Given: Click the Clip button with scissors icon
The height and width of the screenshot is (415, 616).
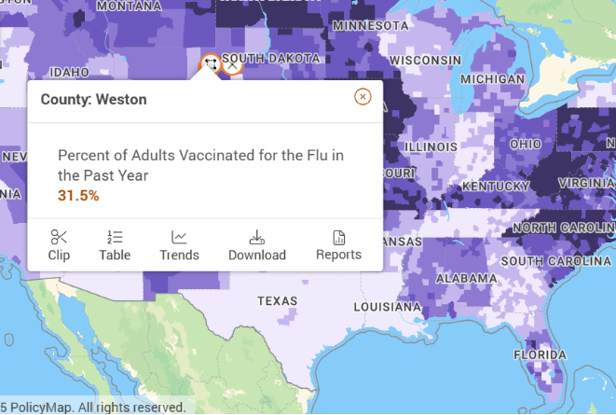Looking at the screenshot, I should click(x=59, y=245).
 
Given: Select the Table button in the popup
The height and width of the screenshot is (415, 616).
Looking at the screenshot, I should click(x=115, y=245).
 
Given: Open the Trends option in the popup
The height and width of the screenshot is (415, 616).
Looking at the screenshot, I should click(x=179, y=245).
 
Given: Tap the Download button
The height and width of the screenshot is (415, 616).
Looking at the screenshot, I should click(x=256, y=245).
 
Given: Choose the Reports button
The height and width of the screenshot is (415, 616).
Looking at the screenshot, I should click(x=338, y=245).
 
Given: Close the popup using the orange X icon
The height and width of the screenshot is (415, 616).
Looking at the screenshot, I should click(x=363, y=97).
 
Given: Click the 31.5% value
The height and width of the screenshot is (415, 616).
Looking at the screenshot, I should click(x=78, y=195).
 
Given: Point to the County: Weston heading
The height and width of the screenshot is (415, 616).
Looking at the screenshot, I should click(x=93, y=99).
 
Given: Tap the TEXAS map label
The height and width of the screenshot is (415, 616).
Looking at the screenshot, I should click(x=278, y=301).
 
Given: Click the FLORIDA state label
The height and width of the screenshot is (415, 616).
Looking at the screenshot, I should click(x=539, y=355).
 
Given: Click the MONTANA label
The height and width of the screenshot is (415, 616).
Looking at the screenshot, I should click(x=129, y=7).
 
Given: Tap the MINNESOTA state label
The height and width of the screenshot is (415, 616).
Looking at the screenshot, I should click(x=372, y=25).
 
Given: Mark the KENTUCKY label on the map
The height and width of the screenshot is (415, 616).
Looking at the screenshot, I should click(x=496, y=187).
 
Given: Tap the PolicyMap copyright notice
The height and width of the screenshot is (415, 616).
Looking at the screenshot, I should click(x=93, y=408).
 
